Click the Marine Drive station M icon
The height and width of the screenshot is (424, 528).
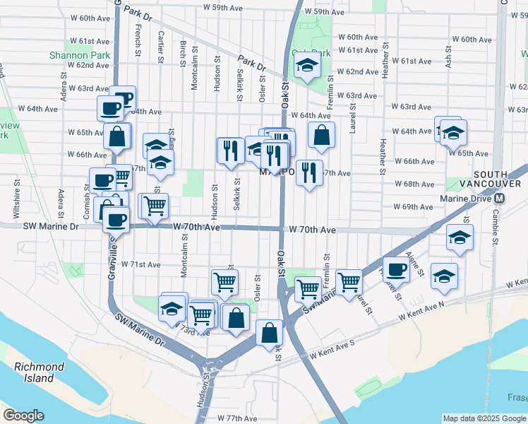[x=500, y=199]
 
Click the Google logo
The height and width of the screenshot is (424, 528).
[x=23, y=416]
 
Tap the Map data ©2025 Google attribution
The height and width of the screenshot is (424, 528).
[x=485, y=418]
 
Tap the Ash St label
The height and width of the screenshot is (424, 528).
[x=448, y=55]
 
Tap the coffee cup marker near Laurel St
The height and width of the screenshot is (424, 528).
[x=396, y=269]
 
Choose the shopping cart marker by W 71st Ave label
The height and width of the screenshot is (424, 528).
[x=224, y=282]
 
